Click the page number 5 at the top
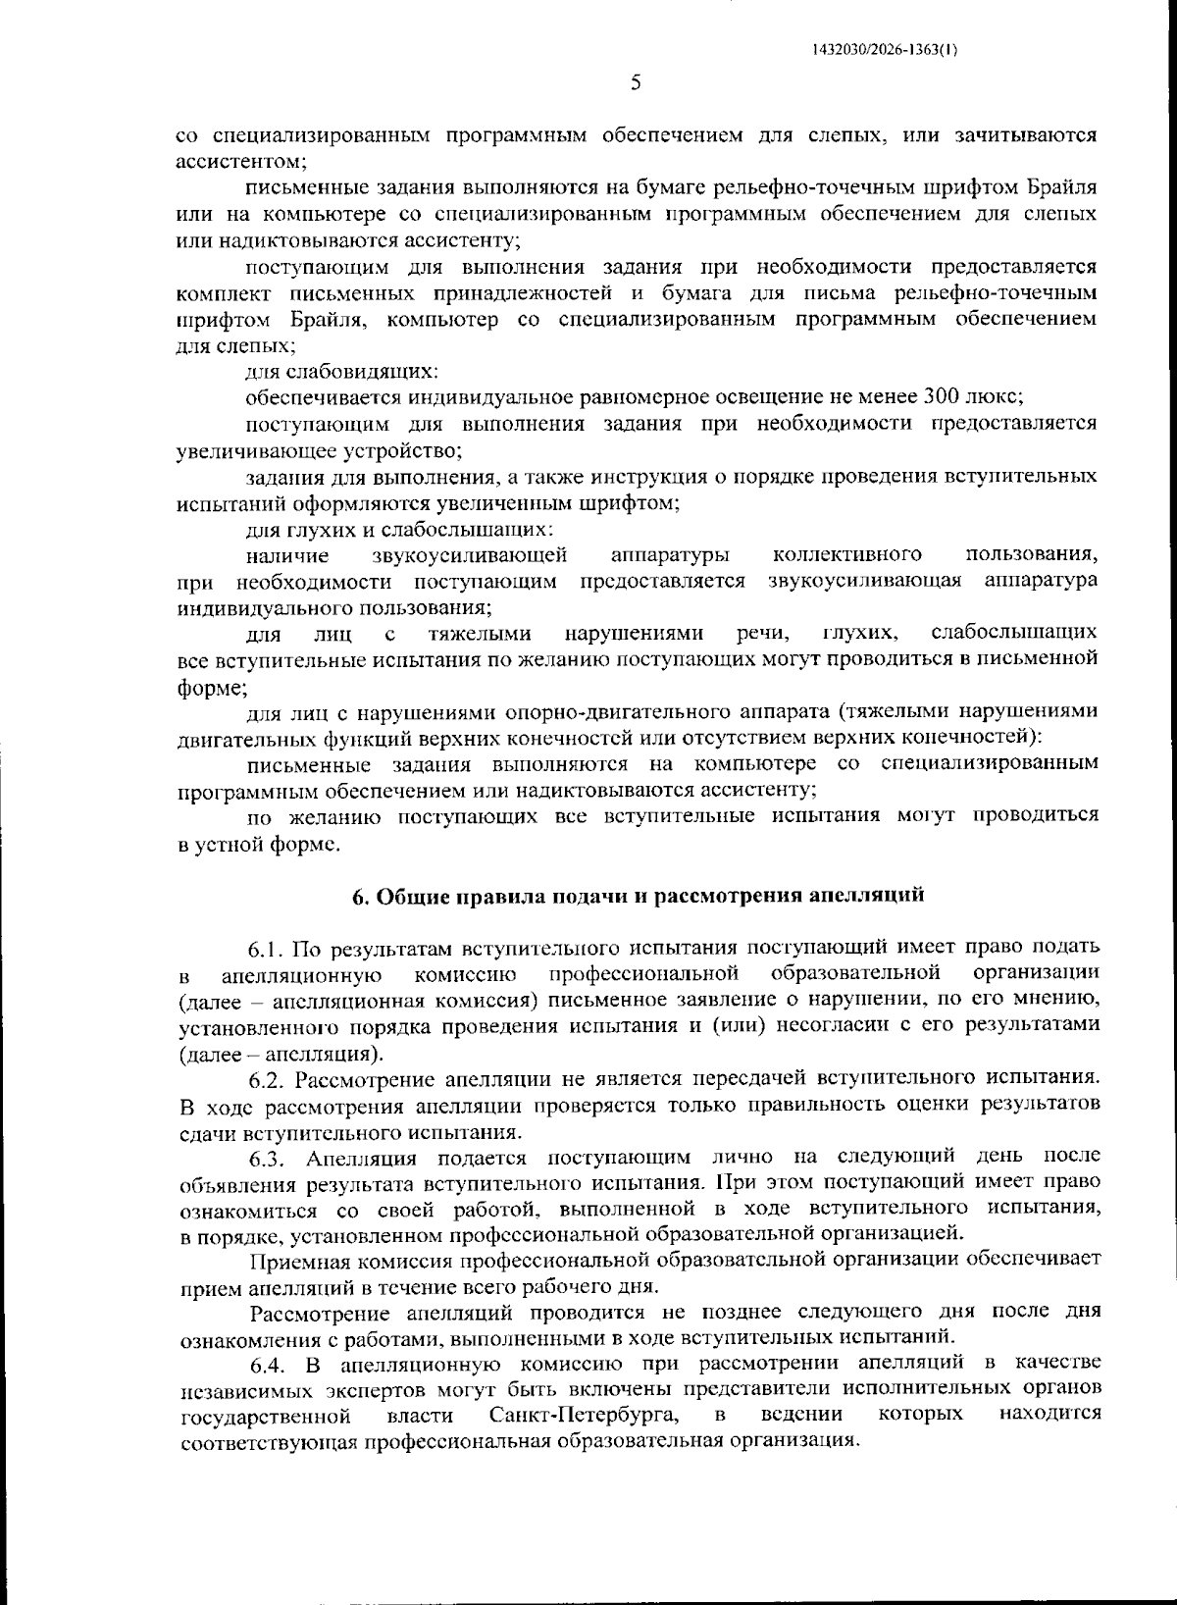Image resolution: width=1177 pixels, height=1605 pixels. click(x=636, y=83)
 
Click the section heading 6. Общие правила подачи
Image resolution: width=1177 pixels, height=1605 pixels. click(x=639, y=896)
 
